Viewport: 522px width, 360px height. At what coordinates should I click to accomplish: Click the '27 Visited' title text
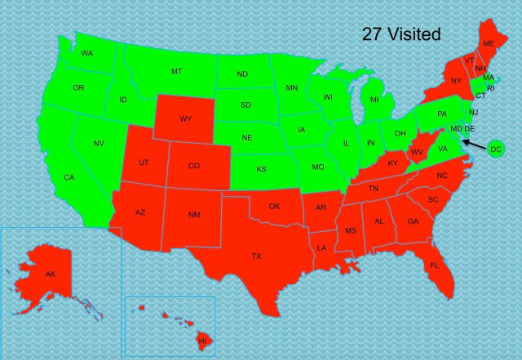(x=401, y=34)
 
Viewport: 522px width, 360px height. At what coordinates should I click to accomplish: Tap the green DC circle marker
(x=495, y=149)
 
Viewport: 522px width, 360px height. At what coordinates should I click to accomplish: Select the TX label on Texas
(x=257, y=256)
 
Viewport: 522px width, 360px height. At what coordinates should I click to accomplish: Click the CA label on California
(x=69, y=177)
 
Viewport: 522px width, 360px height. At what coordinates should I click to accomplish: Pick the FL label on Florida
(x=435, y=265)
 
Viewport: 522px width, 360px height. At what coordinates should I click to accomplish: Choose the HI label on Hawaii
(x=201, y=339)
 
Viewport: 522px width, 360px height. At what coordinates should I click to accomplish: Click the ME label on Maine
(x=489, y=43)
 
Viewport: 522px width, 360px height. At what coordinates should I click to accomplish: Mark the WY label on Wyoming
(x=186, y=119)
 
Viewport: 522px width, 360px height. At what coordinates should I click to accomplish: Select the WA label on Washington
(x=86, y=54)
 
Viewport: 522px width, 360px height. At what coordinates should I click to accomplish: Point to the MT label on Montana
(x=176, y=72)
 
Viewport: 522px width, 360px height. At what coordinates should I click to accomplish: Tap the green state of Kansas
(x=261, y=170)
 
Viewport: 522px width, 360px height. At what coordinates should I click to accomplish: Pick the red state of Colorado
(x=193, y=166)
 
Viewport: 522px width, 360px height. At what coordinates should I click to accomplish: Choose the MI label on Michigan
(x=374, y=100)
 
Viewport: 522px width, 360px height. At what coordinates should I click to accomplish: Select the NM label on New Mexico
(x=193, y=215)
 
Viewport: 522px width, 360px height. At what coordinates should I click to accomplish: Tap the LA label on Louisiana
(x=322, y=247)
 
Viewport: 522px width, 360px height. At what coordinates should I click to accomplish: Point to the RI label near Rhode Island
(x=490, y=88)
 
